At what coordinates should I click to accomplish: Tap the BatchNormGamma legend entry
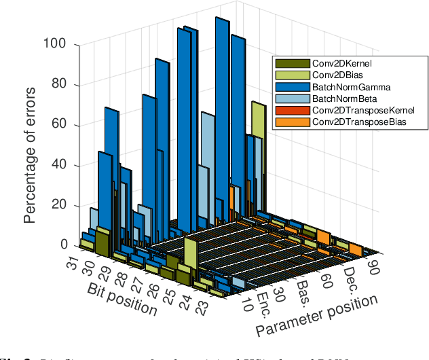pyautogui.click(x=342, y=87)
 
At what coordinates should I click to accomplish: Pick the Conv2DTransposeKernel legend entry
pyautogui.click(x=354, y=110)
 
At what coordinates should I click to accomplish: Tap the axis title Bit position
pyautogui.click(x=123, y=298)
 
